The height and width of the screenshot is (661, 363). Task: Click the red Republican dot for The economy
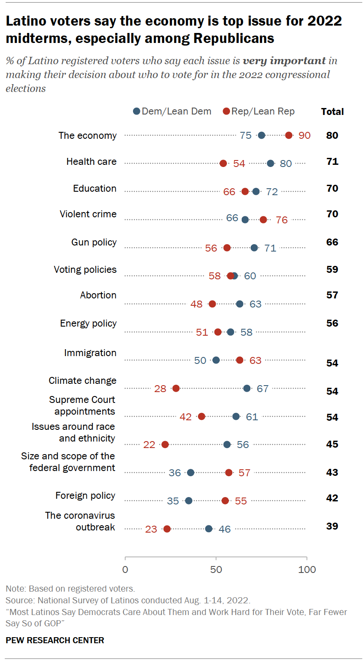click(x=289, y=135)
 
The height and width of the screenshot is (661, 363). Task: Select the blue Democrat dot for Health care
click(x=271, y=164)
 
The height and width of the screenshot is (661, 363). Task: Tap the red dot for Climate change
click(x=176, y=388)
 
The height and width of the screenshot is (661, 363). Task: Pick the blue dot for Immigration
click(x=216, y=360)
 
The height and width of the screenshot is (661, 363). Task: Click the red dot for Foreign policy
click(x=225, y=501)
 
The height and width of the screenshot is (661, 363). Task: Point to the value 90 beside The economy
click(x=305, y=135)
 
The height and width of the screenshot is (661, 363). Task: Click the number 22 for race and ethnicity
click(x=149, y=445)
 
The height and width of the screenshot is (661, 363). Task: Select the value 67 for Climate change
click(x=263, y=388)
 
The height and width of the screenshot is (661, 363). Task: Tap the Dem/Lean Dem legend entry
click(x=172, y=111)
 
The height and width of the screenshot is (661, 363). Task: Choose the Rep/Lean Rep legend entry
click(x=259, y=111)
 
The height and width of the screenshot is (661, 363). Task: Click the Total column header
click(x=332, y=111)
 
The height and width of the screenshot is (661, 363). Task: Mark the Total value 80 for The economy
click(x=332, y=135)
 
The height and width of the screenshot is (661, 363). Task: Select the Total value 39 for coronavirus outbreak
click(x=332, y=526)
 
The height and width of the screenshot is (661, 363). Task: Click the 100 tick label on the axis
click(x=307, y=569)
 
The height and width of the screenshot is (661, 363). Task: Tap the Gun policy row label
click(x=94, y=242)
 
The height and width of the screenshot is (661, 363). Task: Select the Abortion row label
click(x=98, y=295)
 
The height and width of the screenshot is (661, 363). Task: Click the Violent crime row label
click(x=88, y=214)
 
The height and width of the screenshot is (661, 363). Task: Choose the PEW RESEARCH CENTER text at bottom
click(x=55, y=640)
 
